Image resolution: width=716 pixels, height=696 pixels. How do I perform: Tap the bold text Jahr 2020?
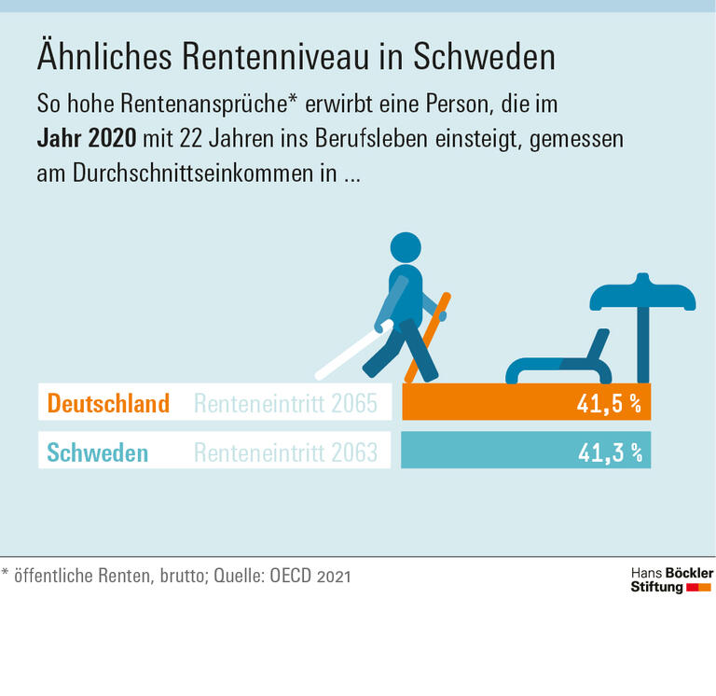point(86,139)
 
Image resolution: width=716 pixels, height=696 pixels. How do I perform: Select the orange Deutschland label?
point(108,403)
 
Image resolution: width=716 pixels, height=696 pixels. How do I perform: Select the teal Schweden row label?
point(97,453)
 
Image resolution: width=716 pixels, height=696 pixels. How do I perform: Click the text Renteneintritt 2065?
point(285,403)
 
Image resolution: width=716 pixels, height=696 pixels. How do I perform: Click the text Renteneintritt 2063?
point(285,453)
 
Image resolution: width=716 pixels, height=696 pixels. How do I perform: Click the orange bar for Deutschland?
point(485,402)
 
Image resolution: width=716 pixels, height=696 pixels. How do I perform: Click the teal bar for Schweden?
point(485,452)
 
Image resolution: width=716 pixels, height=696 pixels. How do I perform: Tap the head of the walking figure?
point(406,249)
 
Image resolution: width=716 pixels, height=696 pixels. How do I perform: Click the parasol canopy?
point(642,294)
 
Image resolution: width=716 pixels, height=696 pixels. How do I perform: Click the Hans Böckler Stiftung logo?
point(670,579)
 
